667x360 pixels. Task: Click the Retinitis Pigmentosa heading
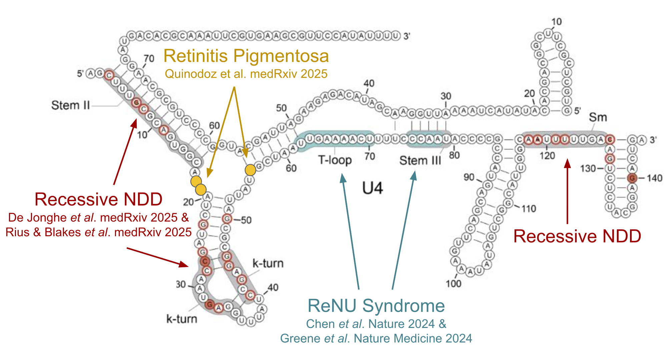246,56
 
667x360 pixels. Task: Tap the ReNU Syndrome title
376,306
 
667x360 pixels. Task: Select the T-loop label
335,160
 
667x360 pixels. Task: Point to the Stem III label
420,160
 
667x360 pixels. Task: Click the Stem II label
70,105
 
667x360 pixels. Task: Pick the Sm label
598,117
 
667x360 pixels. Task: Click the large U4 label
373,188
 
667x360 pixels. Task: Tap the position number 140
654,178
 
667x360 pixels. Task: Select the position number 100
453,284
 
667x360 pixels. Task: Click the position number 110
529,209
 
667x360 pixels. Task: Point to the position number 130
588,168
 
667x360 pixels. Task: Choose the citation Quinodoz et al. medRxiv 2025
246,74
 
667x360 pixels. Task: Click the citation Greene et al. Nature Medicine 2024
376,338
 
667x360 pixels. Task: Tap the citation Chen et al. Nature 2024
376,324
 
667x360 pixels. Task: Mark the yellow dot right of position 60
250,170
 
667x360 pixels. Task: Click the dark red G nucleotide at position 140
632,178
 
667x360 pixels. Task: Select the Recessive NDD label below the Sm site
577,236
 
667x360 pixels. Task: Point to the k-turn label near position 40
268,263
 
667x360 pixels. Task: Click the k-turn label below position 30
182,319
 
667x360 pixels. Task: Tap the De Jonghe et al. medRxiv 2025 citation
98,218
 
